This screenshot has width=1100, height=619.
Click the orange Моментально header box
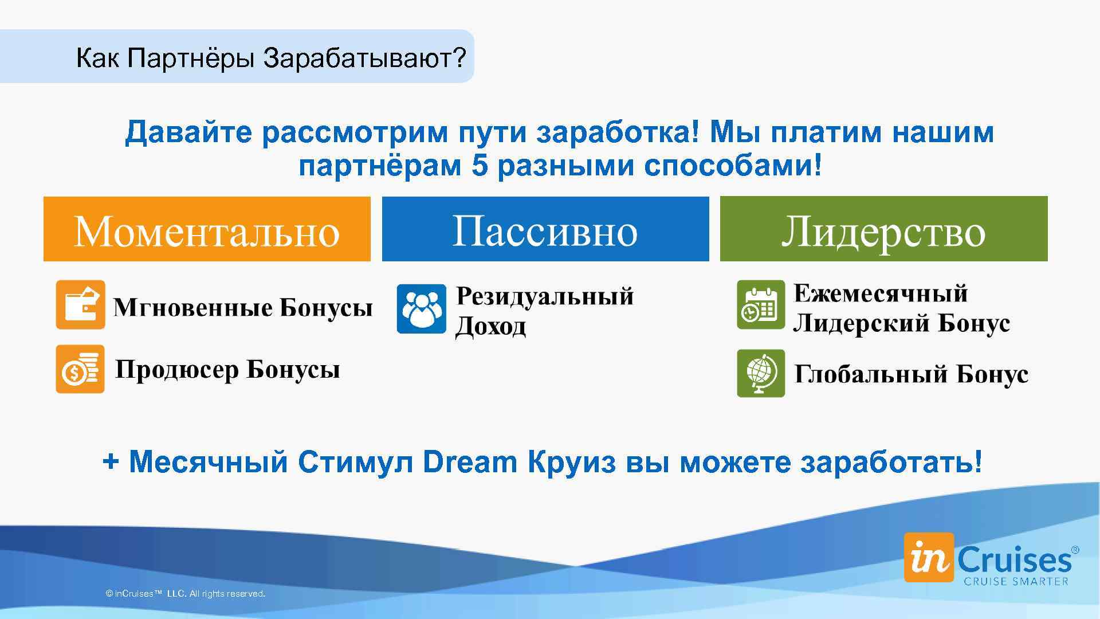coord(207,229)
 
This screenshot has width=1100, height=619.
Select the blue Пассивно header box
coord(545,229)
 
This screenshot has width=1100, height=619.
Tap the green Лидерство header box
coord(883,229)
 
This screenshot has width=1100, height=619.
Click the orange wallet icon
coord(80,304)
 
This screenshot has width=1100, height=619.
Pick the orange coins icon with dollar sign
coord(80,369)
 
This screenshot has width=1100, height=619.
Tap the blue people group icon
coord(421,309)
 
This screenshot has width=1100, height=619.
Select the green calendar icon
coord(760,304)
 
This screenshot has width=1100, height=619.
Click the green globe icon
coord(760,373)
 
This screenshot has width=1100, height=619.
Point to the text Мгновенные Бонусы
coord(243,308)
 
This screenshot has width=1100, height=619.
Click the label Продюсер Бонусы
coord(227,370)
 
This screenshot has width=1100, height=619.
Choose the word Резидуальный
coord(544,296)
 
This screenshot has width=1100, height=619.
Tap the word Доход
coord(490,327)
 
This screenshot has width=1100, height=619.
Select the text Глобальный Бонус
coord(911,374)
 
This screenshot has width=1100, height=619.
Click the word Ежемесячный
coord(880,293)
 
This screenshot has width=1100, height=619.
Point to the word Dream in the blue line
coord(470,462)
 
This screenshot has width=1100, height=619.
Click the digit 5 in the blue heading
coord(480,166)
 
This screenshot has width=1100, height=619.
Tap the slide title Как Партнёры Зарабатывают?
coord(271,58)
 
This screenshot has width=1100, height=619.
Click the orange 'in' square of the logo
coord(929,558)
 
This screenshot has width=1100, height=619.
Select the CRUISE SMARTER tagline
coord(1016,581)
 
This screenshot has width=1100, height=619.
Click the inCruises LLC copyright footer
coord(185,594)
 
